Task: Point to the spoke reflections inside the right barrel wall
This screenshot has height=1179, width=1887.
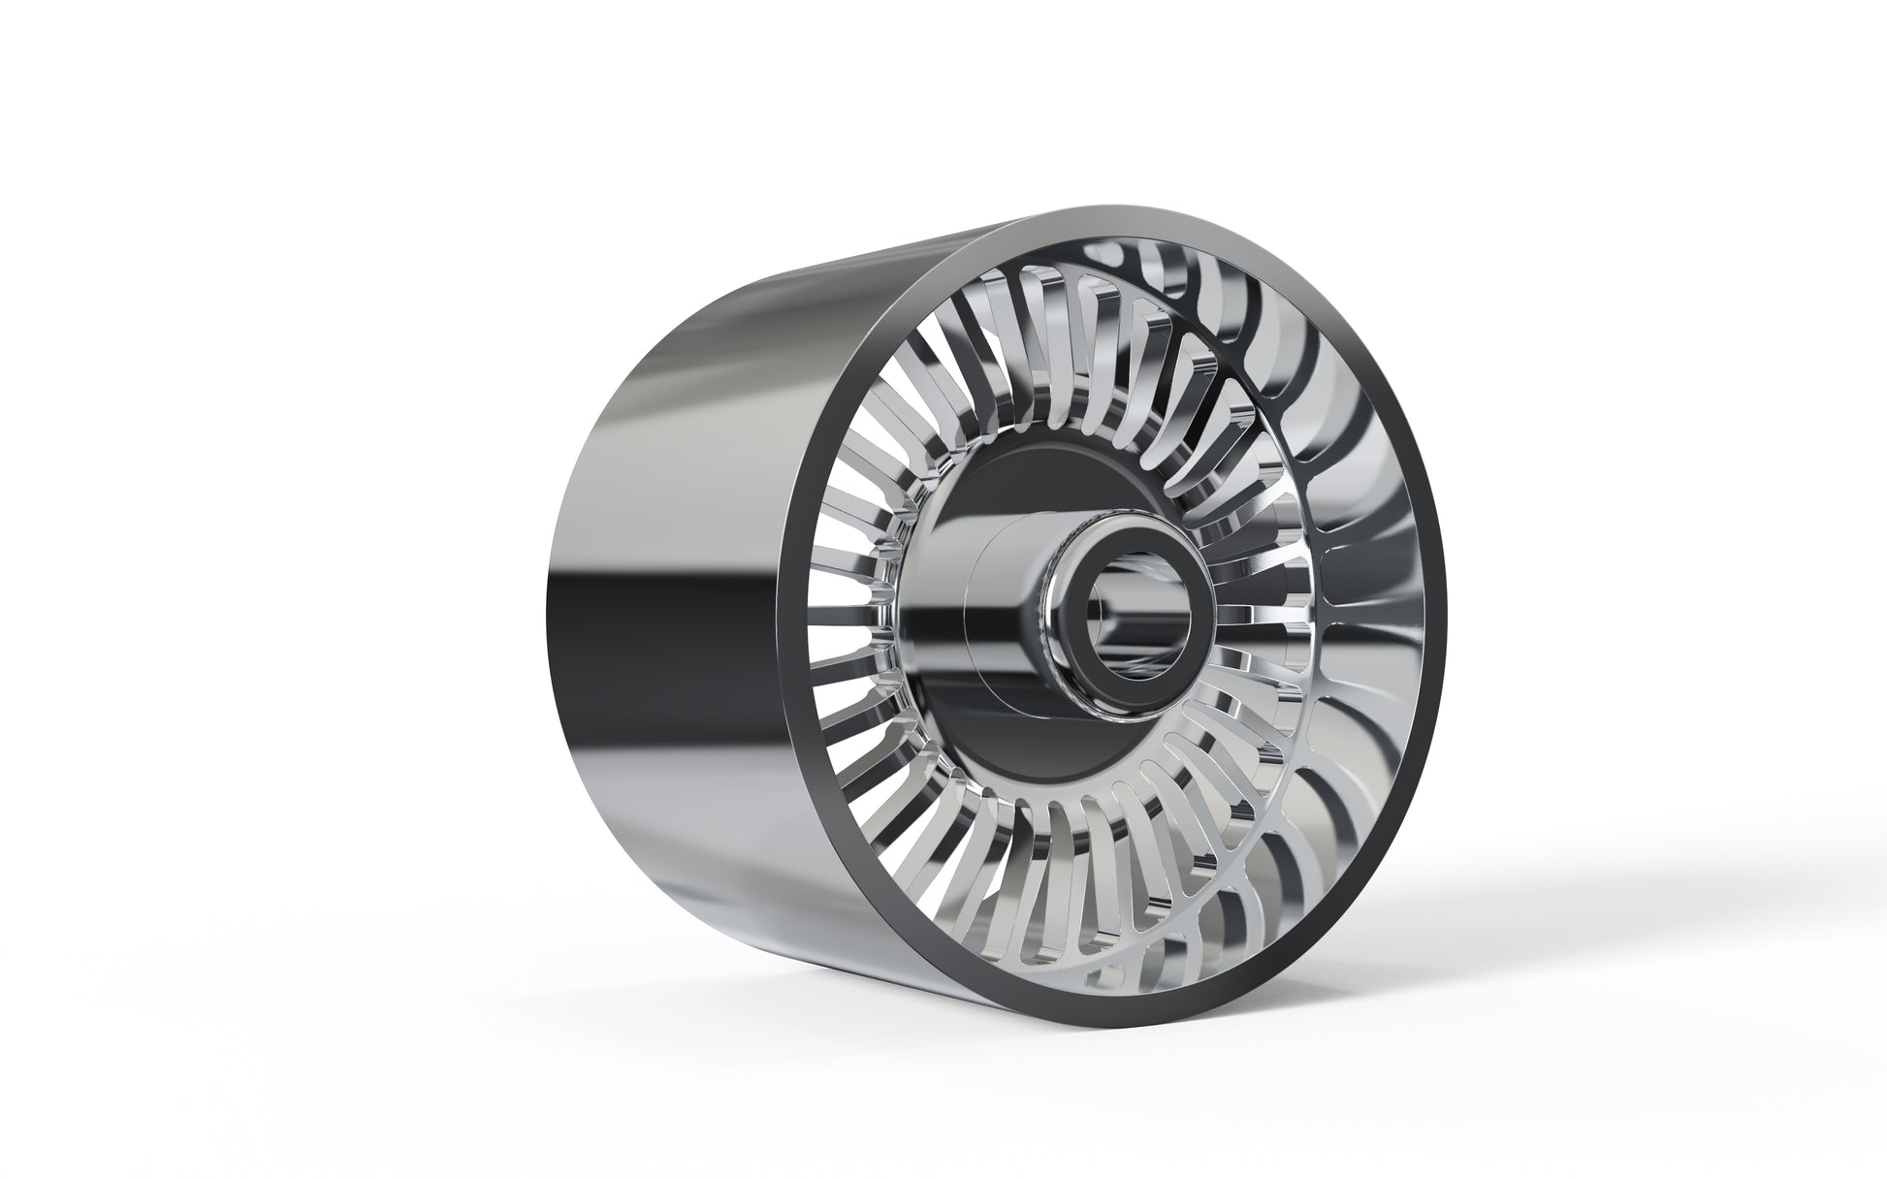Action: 1358,543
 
